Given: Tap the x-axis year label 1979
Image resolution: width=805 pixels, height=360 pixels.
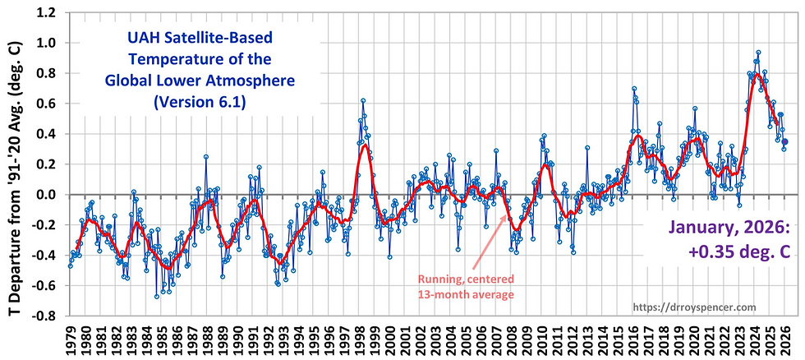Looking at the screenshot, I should (71, 338).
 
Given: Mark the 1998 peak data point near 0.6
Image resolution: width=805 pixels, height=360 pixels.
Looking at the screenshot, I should (362, 100).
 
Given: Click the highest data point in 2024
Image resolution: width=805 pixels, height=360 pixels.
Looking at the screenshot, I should (758, 53).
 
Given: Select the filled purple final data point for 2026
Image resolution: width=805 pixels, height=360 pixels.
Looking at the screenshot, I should (784, 141).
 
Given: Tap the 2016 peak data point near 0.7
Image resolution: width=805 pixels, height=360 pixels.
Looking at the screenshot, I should (634, 89).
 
